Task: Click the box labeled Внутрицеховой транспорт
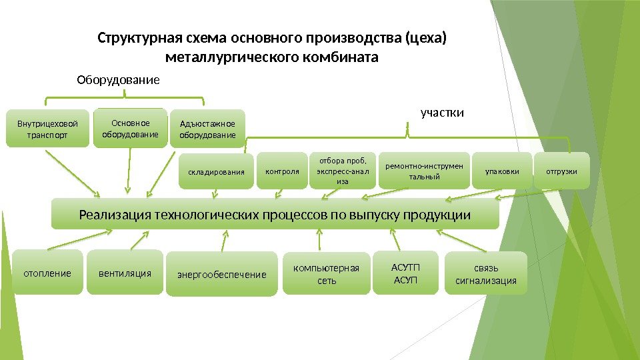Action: [43, 129]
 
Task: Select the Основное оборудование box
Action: [130, 128]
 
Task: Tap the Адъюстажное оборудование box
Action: [207, 129]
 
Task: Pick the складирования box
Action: [217, 171]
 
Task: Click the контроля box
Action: [283, 171]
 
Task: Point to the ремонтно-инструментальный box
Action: [424, 171]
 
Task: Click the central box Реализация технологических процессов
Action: [275, 214]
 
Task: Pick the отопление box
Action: [47, 273]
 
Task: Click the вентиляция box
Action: [125, 273]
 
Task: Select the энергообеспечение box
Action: [221, 274]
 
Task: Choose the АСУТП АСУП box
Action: [405, 273]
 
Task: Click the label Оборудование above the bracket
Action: [119, 81]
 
